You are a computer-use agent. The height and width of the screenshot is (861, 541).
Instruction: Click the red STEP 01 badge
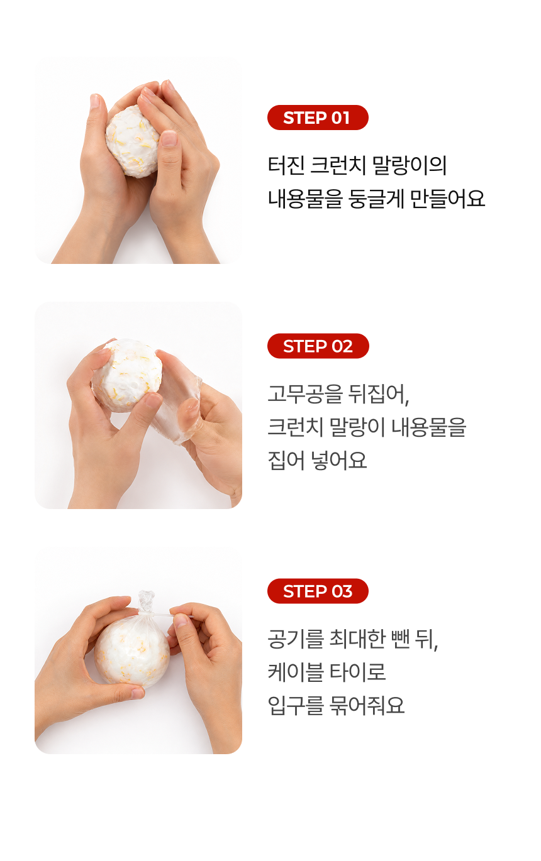pyautogui.click(x=318, y=118)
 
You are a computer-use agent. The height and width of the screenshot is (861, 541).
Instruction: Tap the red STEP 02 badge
pyautogui.click(x=318, y=346)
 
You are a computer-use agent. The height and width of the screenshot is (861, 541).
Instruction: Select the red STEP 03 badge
pyautogui.click(x=318, y=591)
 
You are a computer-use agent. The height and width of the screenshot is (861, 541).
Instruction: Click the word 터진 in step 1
pyautogui.click(x=286, y=165)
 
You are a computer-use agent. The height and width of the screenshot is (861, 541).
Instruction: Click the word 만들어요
pyautogui.click(x=447, y=199)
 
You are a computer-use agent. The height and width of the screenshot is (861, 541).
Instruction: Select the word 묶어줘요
pyautogui.click(x=367, y=705)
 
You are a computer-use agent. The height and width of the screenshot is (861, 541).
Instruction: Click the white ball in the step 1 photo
pyautogui.click(x=132, y=141)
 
